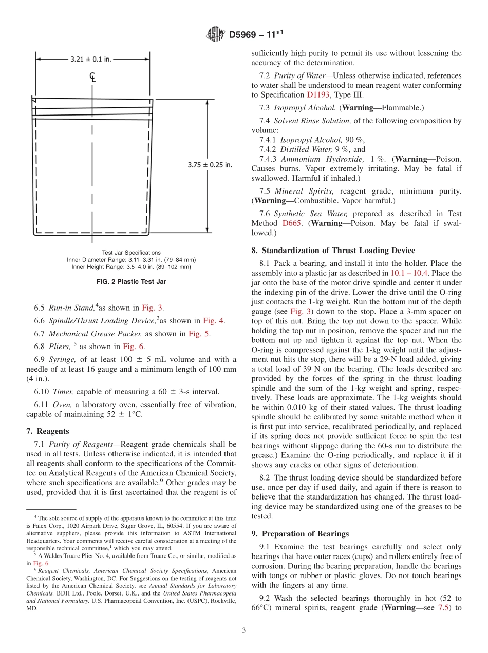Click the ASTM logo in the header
click(x=215, y=34)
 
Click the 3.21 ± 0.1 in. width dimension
click(x=90, y=59)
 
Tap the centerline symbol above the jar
click(x=92, y=78)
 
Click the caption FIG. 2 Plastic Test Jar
click(x=131, y=282)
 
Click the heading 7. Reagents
click(x=47, y=431)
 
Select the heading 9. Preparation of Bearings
click(x=300, y=534)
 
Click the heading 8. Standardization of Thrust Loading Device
click(x=333, y=251)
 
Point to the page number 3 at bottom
click(x=244, y=630)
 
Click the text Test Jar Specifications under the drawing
click(x=131, y=253)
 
